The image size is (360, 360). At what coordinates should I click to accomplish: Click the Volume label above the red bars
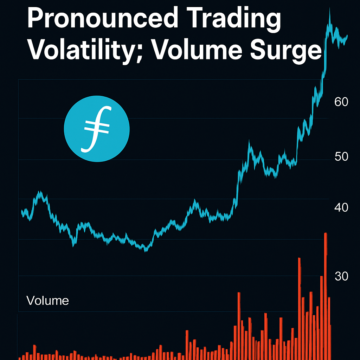tap(47, 301)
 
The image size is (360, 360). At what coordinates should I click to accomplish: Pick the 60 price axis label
tap(341, 102)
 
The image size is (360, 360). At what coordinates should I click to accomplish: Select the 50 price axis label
tap(341, 156)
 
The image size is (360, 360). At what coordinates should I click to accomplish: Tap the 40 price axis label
tap(341, 207)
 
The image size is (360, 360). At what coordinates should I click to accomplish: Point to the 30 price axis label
tap(341, 276)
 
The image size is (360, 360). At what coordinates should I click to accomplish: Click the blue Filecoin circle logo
tap(97, 129)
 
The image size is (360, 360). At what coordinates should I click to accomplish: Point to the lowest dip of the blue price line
tap(146, 250)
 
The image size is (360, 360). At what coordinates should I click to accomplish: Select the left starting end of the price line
tap(22, 212)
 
